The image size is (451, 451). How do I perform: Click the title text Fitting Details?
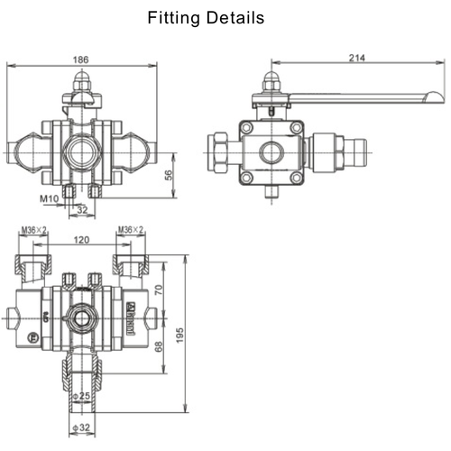click(x=206, y=18)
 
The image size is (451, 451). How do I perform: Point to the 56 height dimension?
click(x=168, y=175)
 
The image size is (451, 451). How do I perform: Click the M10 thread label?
click(x=49, y=198)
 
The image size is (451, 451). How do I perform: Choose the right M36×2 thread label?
click(x=131, y=230)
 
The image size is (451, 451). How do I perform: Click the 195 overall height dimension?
click(x=180, y=334)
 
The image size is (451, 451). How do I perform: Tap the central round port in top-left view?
click(x=81, y=149)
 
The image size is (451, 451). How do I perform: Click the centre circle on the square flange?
click(x=270, y=152)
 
